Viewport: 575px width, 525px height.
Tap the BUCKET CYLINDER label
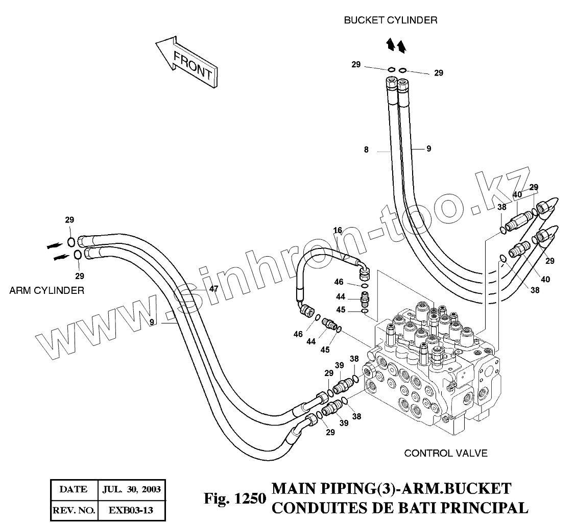pyautogui.click(x=390, y=20)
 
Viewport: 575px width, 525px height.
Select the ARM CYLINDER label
pyautogui.click(x=47, y=290)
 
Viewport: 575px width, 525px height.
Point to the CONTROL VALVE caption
pyautogui.click(x=445, y=453)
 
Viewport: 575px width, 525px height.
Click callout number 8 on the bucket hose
pyautogui.click(x=366, y=150)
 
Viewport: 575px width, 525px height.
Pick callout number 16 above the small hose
pyautogui.click(x=338, y=230)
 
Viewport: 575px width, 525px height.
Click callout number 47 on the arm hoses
pyautogui.click(x=214, y=288)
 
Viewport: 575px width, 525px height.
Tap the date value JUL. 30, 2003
pyautogui.click(x=132, y=489)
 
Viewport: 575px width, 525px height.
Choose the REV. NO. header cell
pyautogui.click(x=73, y=510)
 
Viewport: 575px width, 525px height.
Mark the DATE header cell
pyautogui.click(x=73, y=489)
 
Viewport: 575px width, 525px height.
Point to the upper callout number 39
pyautogui.click(x=339, y=365)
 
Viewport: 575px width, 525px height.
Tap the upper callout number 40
pyautogui.click(x=517, y=194)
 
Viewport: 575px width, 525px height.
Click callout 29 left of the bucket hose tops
pyautogui.click(x=356, y=64)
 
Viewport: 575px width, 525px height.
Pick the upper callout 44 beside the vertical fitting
pyautogui.click(x=340, y=296)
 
